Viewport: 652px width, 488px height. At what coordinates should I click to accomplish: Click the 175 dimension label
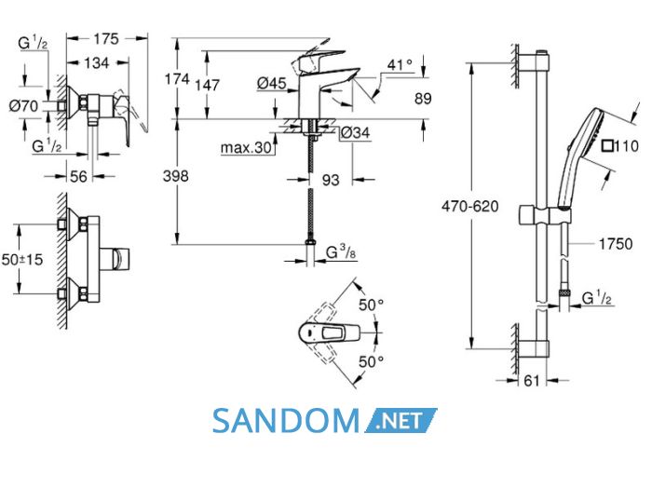pos(106,39)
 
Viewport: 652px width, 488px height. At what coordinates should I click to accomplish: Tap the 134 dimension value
pos(97,63)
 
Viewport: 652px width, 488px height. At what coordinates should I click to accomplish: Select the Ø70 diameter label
pos(23,106)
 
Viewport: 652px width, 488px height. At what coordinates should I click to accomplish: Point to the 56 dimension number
pos(78,177)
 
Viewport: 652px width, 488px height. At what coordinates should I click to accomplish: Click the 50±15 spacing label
pos(22,260)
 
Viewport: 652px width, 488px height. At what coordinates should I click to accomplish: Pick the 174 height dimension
pos(177,78)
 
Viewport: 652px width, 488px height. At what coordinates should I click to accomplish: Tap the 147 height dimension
pos(207,85)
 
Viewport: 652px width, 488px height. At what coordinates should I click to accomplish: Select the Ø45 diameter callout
pos(272,83)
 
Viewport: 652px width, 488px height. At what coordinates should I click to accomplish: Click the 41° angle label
pos(400,65)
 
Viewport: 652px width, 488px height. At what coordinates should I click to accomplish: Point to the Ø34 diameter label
pos(356,133)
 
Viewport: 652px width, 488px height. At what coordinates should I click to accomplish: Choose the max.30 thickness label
pos(246,147)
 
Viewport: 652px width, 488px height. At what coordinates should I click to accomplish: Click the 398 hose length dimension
pos(175,176)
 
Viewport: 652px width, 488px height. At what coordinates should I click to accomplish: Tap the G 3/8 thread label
pos(341,251)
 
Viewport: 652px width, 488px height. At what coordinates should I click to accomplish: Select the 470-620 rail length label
pos(470,206)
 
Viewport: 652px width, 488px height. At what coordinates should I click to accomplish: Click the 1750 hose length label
pos(616,244)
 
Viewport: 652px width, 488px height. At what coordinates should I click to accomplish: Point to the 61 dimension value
pos(532,381)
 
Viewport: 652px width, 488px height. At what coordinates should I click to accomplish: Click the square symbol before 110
pos(608,146)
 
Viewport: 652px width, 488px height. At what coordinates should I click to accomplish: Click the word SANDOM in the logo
pos(286,421)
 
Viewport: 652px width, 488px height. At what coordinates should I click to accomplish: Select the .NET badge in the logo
pos(401,421)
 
